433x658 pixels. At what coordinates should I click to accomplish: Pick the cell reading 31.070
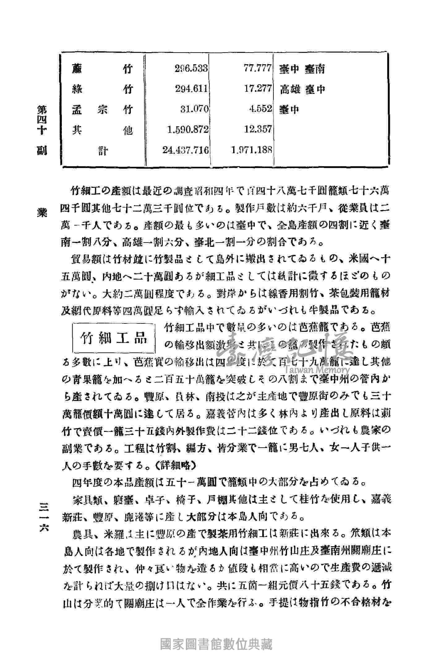click(x=194, y=109)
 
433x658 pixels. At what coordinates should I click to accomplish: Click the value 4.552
click(x=260, y=109)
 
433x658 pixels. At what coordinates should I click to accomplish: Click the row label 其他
click(x=102, y=130)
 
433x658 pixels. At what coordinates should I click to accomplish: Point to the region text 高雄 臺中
click(x=302, y=89)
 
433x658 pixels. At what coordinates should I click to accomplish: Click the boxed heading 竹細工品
click(x=113, y=339)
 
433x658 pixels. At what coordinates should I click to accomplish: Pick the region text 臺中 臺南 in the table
click(x=302, y=69)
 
